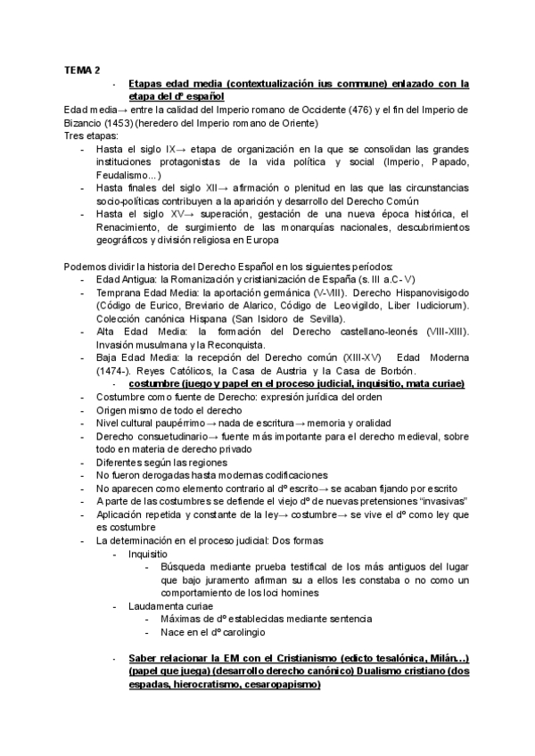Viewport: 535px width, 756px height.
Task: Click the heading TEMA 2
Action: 82,69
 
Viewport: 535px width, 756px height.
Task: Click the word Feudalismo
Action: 126,176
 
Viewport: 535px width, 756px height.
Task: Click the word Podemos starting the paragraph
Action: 86,267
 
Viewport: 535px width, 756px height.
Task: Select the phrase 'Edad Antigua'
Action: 123,280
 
